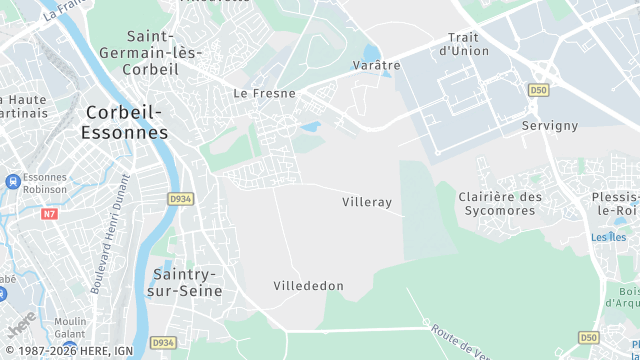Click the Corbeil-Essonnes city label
pos(126,122)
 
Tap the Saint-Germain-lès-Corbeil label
pos(150,52)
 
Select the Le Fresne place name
pos(264,92)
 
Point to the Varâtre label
pos(376,65)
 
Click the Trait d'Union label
pos(464,44)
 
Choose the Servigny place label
pos(550,125)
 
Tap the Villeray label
pos(367,202)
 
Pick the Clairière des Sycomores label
pos(500,204)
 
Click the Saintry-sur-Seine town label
pos(188,282)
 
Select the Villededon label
pos(308,286)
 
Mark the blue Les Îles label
pos(608,237)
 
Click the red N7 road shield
pos(50,214)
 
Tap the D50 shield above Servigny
pos(539,90)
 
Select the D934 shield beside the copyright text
pos(163,343)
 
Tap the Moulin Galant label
pos(70,327)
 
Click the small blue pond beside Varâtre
pos(372,51)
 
